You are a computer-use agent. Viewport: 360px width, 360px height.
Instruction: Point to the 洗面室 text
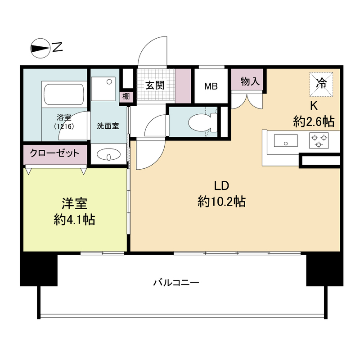(x=108, y=126)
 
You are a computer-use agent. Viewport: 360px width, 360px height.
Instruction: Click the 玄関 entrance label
(x=154, y=85)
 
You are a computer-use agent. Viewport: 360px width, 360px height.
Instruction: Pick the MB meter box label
(x=211, y=86)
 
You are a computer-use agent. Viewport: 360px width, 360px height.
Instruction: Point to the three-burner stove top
(x=319, y=141)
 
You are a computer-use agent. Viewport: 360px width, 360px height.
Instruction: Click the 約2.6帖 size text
(x=313, y=121)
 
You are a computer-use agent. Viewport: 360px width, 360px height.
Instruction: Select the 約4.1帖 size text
(x=74, y=219)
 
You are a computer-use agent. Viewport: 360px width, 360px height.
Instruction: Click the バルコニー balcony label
(x=176, y=283)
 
